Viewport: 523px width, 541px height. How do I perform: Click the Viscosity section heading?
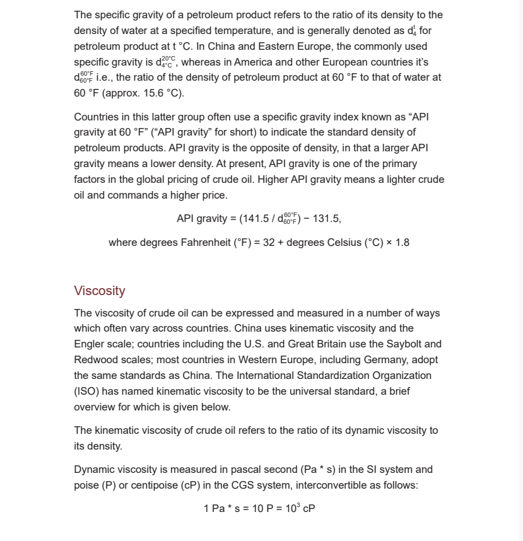pyautogui.click(x=99, y=291)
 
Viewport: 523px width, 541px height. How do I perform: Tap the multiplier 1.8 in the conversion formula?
pyautogui.click(x=401, y=243)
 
